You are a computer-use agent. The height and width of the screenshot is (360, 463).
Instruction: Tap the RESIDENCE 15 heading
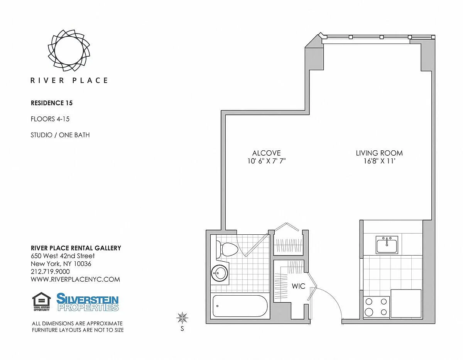coord(52,103)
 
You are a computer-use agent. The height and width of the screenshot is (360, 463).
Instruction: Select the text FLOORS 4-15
coord(50,119)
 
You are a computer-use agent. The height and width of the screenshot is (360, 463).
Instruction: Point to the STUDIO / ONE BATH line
coord(60,135)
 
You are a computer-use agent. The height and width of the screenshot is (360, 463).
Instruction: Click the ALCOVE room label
coord(267,153)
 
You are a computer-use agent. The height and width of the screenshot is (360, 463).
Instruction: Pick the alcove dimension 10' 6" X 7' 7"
coord(266,161)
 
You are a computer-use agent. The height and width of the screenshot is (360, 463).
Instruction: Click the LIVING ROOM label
coord(379,153)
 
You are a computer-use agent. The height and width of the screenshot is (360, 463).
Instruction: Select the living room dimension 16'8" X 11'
coord(379,161)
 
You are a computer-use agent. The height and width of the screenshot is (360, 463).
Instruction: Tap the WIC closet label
coord(299,286)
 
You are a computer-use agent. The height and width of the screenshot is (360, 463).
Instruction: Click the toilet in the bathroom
coord(226,249)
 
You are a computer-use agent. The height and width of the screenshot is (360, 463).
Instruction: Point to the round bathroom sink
coord(220,273)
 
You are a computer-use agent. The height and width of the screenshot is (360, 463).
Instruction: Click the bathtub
coord(240,306)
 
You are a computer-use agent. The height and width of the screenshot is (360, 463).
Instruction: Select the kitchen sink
coord(387,245)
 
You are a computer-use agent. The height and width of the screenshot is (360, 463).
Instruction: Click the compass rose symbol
coord(182,318)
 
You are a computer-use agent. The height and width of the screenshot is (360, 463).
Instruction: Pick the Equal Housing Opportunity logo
coord(42,302)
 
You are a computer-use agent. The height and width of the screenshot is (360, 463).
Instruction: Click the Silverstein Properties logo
coord(87,302)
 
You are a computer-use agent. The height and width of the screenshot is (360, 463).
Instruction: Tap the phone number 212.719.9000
coord(50,271)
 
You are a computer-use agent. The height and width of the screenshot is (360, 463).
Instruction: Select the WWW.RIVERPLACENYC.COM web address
coord(75,279)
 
